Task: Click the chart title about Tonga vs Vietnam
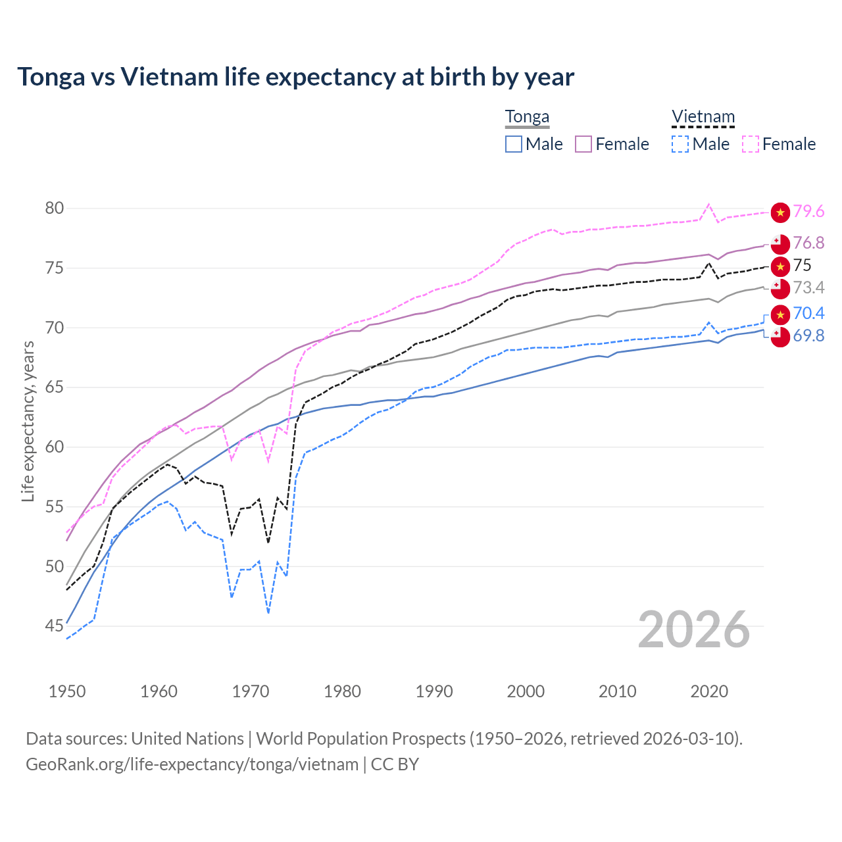295,77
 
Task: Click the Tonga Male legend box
514,144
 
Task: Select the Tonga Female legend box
584,144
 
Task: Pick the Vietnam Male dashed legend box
680,144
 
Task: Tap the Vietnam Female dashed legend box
751,144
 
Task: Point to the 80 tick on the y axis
55,209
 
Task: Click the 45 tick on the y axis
55,626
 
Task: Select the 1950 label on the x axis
67,691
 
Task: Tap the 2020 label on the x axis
709,691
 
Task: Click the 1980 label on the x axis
342,691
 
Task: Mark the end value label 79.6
808,212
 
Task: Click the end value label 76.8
808,243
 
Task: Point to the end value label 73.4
808,287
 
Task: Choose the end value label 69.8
808,336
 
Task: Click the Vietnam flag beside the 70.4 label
780,314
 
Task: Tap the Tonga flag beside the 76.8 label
780,243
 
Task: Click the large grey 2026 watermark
694,630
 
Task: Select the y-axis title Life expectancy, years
28,421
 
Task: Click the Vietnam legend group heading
703,117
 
